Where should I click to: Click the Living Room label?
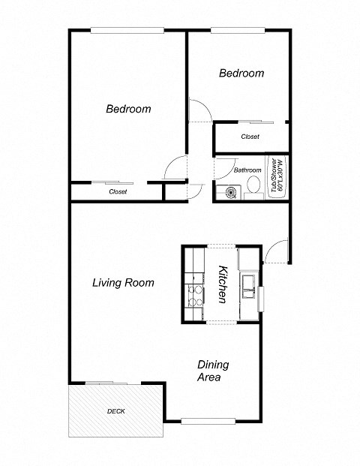point(123,283)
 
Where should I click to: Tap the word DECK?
point(116,411)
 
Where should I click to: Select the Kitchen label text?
point(222,284)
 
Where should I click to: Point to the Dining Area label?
point(212,371)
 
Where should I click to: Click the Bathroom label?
point(247,170)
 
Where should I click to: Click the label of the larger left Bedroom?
point(127,109)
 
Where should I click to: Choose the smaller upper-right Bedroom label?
point(241,74)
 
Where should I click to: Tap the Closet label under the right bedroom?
point(250,137)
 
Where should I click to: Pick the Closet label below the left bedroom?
point(118,192)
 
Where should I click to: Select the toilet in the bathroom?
point(253,185)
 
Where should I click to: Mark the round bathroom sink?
point(229,193)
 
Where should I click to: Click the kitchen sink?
point(248,285)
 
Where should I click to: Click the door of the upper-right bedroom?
point(199,110)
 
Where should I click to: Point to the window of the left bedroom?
point(127,30)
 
